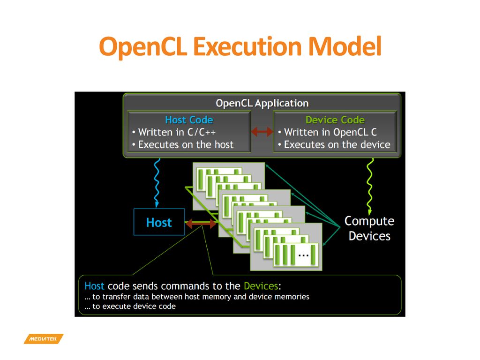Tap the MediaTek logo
[x=44, y=339]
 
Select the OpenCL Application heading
[x=262, y=104]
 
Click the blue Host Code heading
[x=189, y=120]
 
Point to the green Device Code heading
[x=335, y=120]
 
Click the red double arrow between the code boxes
[x=262, y=132]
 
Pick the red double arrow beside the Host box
[x=201, y=224]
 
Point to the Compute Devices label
[x=369, y=228]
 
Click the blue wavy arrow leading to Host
[x=157, y=183]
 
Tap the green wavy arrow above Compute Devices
[x=370, y=187]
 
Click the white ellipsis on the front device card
[x=303, y=255]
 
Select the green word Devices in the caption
[x=261, y=286]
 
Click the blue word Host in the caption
[x=94, y=286]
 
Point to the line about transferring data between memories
[x=197, y=297]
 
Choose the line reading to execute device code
[x=130, y=307]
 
